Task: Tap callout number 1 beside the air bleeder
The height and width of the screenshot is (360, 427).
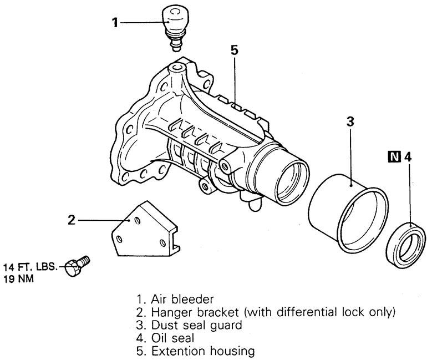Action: click(x=115, y=22)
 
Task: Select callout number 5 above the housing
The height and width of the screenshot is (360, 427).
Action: click(x=235, y=50)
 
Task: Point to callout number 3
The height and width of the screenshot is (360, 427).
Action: click(x=350, y=121)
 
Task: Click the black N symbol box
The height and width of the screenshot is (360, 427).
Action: click(x=395, y=157)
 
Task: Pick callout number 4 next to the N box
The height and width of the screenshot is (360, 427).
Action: click(x=408, y=157)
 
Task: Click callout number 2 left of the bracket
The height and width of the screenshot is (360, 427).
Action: click(x=72, y=220)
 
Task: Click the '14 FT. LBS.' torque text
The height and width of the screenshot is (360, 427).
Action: click(x=30, y=267)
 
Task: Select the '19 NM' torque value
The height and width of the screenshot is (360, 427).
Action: click(x=18, y=279)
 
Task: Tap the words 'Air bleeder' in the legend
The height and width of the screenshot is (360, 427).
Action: click(x=182, y=300)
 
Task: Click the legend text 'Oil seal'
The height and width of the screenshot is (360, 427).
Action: click(x=172, y=338)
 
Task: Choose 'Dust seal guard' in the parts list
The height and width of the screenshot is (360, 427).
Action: click(x=197, y=325)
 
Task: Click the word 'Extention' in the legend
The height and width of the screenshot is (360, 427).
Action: click(x=179, y=351)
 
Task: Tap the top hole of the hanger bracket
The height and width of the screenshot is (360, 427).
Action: click(x=138, y=221)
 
